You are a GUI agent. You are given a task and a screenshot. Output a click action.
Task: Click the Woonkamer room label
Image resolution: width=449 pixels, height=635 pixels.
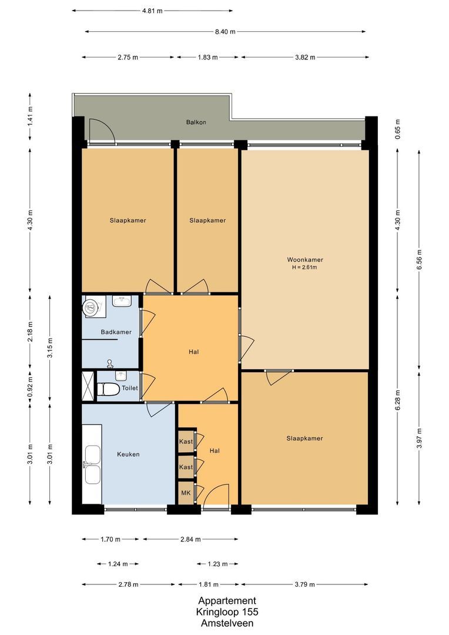(x=305, y=259)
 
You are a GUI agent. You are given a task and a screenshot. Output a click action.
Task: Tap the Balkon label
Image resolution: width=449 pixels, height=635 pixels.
(x=196, y=123)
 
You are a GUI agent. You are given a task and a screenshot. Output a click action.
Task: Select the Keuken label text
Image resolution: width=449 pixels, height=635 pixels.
(x=128, y=454)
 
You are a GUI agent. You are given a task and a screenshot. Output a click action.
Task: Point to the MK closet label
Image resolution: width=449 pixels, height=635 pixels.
(x=185, y=493)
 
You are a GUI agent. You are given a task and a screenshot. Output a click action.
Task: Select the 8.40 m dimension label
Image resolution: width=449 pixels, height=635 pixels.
(x=224, y=32)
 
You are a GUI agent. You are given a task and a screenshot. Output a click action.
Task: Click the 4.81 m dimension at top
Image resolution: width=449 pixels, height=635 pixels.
(x=153, y=11)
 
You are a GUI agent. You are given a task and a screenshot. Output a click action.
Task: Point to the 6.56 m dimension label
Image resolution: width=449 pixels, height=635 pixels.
(x=419, y=258)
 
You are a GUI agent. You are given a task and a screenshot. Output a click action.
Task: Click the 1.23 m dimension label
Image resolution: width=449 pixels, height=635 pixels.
(x=217, y=564)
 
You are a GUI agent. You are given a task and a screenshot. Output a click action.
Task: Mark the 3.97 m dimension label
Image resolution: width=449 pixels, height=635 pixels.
(x=419, y=439)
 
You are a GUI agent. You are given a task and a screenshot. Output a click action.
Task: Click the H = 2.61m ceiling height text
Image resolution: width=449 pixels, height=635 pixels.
(x=305, y=268)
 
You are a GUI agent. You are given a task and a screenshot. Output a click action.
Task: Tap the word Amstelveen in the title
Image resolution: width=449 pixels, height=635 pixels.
(x=227, y=623)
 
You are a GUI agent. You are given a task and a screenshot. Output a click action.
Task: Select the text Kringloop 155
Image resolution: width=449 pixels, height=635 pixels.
(x=227, y=612)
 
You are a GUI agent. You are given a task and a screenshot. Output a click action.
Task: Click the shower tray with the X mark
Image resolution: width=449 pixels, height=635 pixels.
(x=88, y=386)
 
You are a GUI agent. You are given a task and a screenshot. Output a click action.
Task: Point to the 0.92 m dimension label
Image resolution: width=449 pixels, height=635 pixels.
(x=31, y=387)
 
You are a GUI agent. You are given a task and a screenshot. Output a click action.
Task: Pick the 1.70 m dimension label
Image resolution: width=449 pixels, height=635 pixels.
(x=110, y=539)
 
